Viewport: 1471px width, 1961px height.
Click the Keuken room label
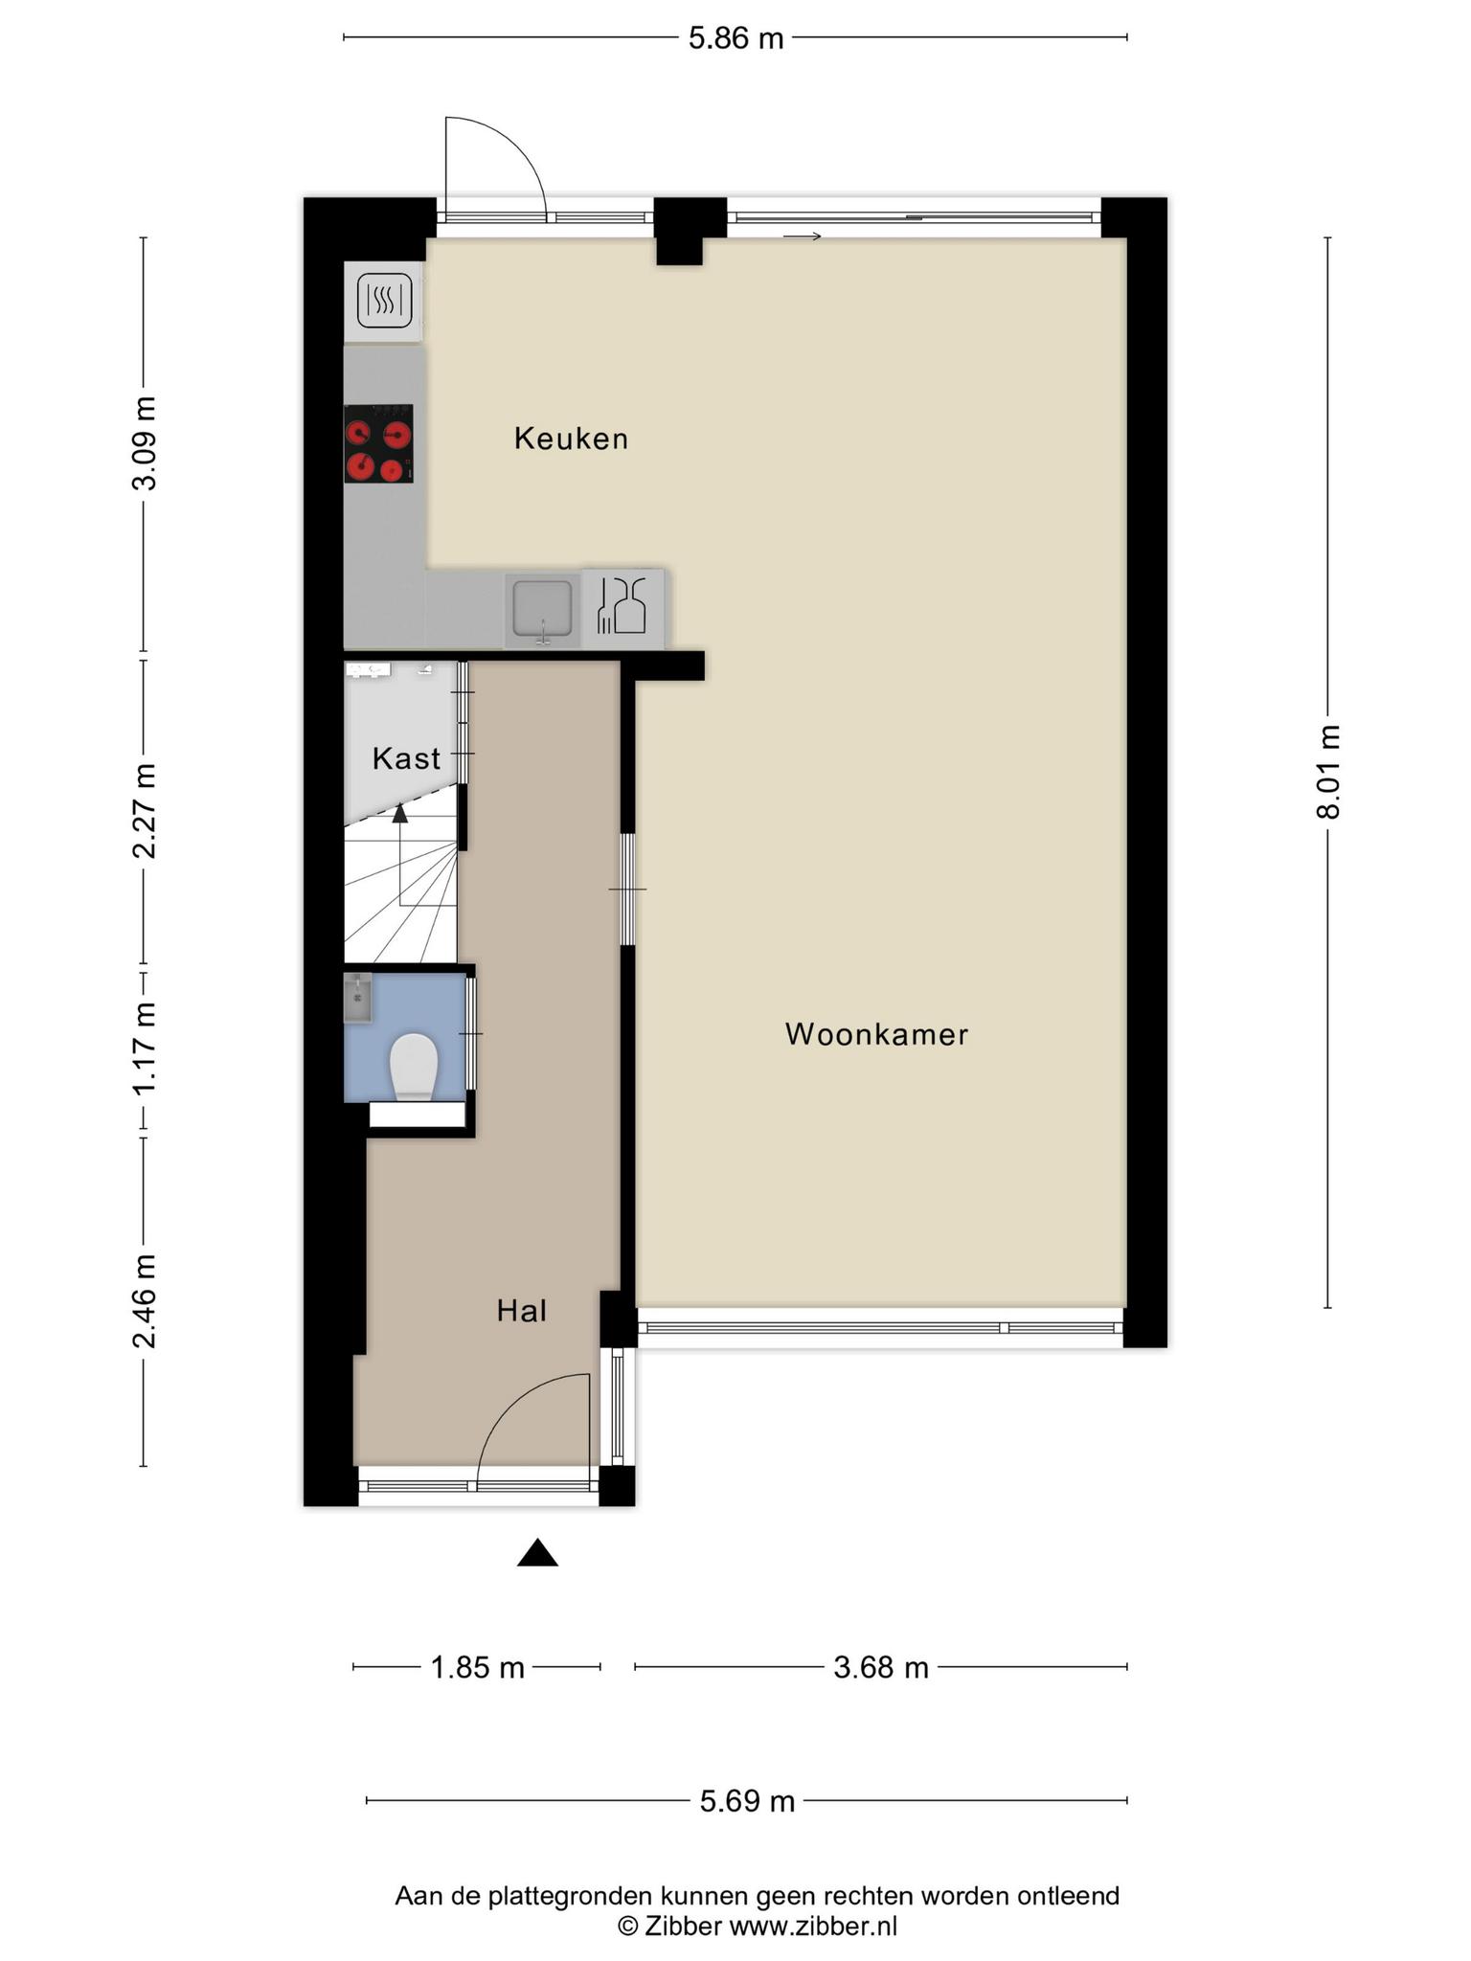pyautogui.click(x=571, y=439)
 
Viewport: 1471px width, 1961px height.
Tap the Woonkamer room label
pyautogui.click(x=876, y=1034)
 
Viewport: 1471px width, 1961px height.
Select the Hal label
pyautogui.click(x=521, y=1311)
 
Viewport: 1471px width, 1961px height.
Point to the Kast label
pyautogui.click(x=406, y=758)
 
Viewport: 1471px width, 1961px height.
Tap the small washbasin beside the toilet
pyautogui.click(x=358, y=998)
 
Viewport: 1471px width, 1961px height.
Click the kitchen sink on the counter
pyautogui.click(x=542, y=609)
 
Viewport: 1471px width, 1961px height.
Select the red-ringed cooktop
pyautogui.click(x=378, y=443)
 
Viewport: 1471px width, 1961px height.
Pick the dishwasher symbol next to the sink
pyautogui.click(x=622, y=605)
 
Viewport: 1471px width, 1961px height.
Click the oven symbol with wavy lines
pyautogui.click(x=384, y=300)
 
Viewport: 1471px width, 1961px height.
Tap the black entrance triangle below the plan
pyautogui.click(x=537, y=1552)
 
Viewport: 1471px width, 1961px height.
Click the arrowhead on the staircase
pyautogui.click(x=399, y=813)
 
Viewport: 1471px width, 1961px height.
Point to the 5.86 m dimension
pyautogui.click(x=735, y=38)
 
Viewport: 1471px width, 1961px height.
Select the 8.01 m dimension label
pyautogui.click(x=1328, y=772)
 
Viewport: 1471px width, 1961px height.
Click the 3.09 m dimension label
pyautogui.click(x=145, y=441)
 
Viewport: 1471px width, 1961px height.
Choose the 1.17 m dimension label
pyautogui.click(x=145, y=1049)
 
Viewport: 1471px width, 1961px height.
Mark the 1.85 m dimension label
pyautogui.click(x=478, y=1668)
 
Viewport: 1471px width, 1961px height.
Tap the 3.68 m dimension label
pyautogui.click(x=881, y=1668)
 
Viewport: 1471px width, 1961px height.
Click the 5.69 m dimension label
pyautogui.click(x=747, y=1802)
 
